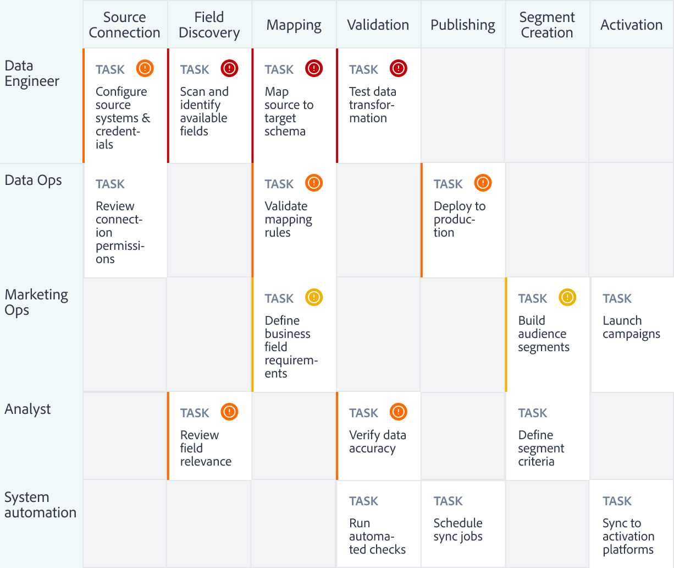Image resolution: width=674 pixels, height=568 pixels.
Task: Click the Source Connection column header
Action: [x=125, y=25]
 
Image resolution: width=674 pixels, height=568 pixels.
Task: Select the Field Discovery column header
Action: [x=209, y=25]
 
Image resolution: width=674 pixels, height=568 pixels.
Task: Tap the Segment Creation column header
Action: [x=547, y=25]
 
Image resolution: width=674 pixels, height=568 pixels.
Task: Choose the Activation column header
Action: [x=631, y=25]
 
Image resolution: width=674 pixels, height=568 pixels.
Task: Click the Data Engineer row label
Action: [x=32, y=73]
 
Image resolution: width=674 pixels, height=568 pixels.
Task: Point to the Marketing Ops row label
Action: [x=36, y=302]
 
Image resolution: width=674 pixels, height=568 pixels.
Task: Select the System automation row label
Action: [x=40, y=505]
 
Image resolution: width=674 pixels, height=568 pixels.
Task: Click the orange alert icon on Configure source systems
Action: [x=145, y=68]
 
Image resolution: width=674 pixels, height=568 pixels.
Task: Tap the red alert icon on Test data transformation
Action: [x=399, y=68]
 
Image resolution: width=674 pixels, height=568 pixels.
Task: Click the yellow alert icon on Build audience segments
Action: [x=567, y=297]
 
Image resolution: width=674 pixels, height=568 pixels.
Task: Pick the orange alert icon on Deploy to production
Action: [x=483, y=183]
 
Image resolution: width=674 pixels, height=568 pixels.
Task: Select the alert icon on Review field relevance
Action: [x=229, y=412]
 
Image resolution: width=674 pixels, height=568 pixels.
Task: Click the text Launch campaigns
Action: [x=631, y=327]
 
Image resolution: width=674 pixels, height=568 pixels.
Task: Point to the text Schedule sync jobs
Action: [x=458, y=530]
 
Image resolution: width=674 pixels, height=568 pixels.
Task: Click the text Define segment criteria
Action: [x=541, y=448]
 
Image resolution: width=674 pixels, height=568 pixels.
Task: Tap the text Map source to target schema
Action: [x=289, y=111]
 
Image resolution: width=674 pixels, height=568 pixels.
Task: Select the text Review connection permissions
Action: [x=119, y=232]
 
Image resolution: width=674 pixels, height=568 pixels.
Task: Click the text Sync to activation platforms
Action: [x=628, y=536]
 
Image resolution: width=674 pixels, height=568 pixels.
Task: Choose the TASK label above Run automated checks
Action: [x=363, y=501]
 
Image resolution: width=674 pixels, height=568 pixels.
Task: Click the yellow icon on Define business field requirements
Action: [x=314, y=297]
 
